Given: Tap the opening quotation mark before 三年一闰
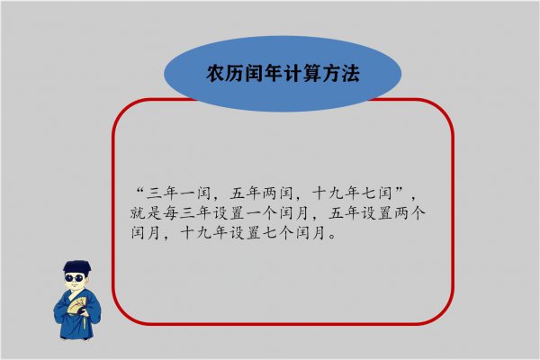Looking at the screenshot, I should click(x=138, y=191).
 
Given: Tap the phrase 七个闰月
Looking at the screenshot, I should click(x=295, y=235).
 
